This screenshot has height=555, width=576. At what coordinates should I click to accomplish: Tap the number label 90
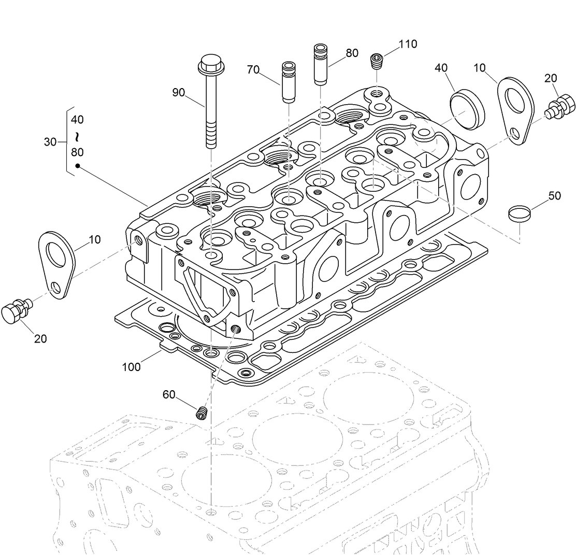[x=179, y=93]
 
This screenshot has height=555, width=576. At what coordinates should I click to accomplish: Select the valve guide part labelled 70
[x=287, y=82]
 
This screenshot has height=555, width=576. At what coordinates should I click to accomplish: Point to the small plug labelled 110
[x=377, y=61]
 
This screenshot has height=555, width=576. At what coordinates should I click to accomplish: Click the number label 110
[x=407, y=44]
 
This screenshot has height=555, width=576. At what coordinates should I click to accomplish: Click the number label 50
[x=554, y=196]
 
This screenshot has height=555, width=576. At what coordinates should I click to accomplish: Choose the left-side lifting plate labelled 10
[x=57, y=264]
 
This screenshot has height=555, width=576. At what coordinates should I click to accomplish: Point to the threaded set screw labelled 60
[x=201, y=413]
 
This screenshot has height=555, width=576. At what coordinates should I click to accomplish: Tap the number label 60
[x=169, y=394]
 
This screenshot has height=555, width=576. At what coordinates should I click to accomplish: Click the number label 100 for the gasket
[x=132, y=367]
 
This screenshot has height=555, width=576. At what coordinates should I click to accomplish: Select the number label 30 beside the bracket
[x=50, y=141]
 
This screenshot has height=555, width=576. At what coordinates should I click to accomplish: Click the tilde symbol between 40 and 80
[x=77, y=136]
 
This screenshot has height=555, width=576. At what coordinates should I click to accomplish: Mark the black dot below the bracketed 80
[x=77, y=166]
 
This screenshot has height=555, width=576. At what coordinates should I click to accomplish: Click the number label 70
[x=253, y=69]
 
